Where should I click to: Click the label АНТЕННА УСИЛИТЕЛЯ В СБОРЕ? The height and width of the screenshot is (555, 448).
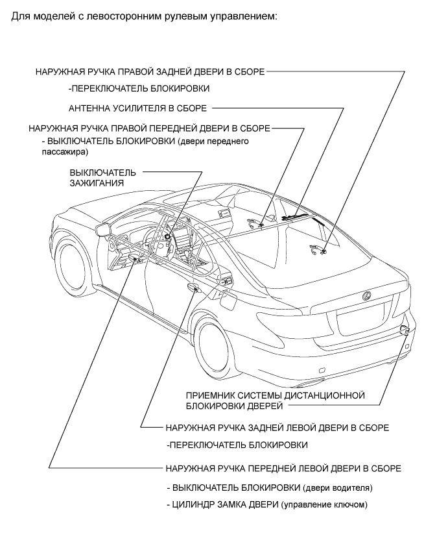[137, 108]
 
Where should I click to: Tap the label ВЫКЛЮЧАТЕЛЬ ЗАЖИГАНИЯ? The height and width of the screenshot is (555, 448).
[102, 178]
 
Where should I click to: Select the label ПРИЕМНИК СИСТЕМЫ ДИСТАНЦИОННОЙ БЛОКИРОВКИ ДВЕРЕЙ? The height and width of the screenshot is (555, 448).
[276, 401]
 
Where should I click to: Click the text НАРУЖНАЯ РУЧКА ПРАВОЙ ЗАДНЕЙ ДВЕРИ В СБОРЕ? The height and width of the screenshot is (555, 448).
[150, 72]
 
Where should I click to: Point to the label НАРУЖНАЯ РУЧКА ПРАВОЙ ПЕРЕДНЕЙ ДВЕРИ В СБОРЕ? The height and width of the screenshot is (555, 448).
[150, 129]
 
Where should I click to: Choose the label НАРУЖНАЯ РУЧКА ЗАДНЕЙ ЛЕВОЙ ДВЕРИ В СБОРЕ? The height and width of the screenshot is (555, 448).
[277, 428]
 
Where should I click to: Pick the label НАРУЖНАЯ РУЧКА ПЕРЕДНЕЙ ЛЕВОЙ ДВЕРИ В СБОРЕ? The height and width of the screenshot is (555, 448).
[283, 468]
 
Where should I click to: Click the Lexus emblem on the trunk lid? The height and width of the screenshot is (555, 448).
[366, 297]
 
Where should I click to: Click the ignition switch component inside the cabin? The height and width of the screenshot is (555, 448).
[167, 236]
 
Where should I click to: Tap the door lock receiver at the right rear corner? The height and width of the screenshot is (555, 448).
[405, 332]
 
